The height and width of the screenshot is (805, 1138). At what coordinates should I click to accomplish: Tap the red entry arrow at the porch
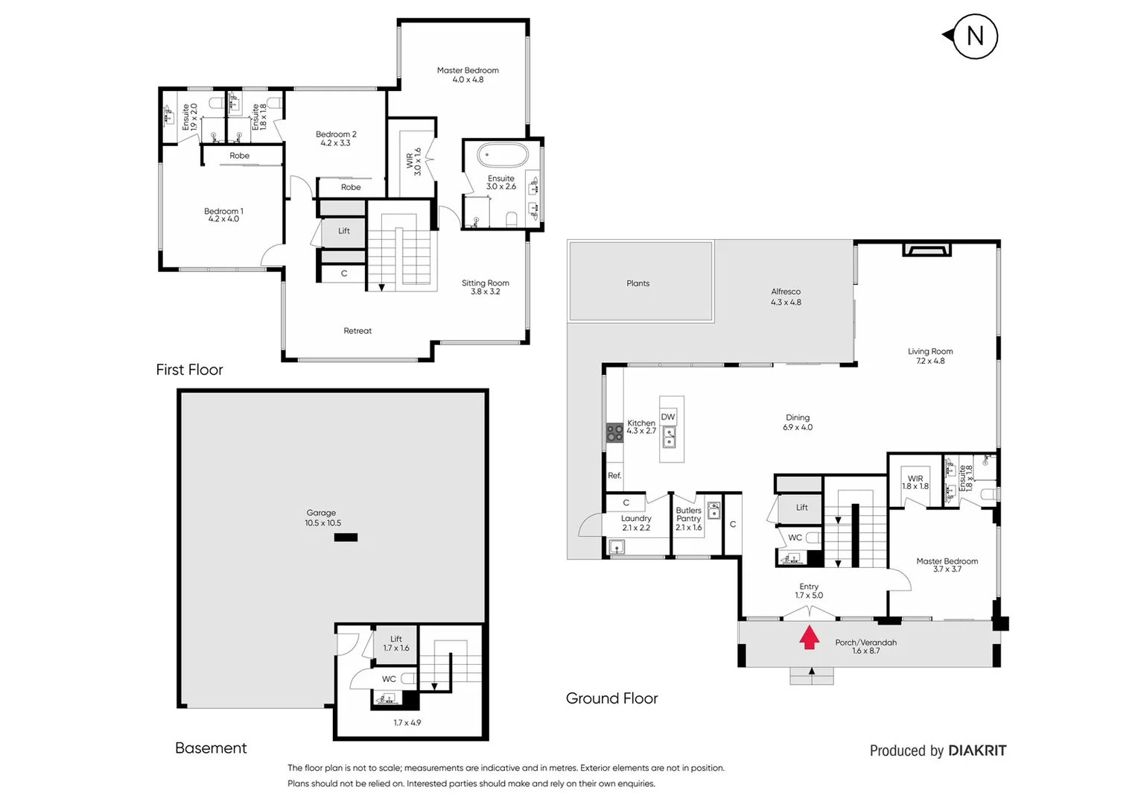click(x=810, y=638)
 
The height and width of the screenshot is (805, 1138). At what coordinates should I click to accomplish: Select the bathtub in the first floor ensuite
click(x=503, y=156)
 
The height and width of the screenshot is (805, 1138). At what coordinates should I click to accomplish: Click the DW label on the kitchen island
click(x=668, y=417)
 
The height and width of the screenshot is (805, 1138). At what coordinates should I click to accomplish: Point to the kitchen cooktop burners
click(x=614, y=432)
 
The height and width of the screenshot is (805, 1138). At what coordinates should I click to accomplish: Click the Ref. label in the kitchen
click(x=614, y=476)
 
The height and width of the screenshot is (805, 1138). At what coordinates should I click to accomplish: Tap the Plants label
click(x=638, y=283)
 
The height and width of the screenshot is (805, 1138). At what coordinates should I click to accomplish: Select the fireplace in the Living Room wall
click(x=926, y=249)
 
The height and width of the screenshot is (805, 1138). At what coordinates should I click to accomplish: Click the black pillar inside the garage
click(x=346, y=537)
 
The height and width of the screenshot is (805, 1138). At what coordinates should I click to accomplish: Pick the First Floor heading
click(x=189, y=370)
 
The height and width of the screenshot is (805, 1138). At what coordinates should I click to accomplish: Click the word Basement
click(x=211, y=748)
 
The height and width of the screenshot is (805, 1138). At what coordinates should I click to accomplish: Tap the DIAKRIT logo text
click(x=977, y=751)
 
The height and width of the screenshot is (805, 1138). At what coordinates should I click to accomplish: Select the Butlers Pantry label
click(x=688, y=514)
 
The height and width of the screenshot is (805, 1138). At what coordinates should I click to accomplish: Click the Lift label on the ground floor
click(x=801, y=508)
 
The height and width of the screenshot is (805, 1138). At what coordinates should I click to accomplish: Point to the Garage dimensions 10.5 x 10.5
click(x=322, y=523)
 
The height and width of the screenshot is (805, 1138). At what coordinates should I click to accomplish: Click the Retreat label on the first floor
click(x=357, y=331)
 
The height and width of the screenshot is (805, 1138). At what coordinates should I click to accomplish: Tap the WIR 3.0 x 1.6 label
click(x=413, y=162)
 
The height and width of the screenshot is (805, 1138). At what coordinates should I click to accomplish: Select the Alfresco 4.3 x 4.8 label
click(x=786, y=297)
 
